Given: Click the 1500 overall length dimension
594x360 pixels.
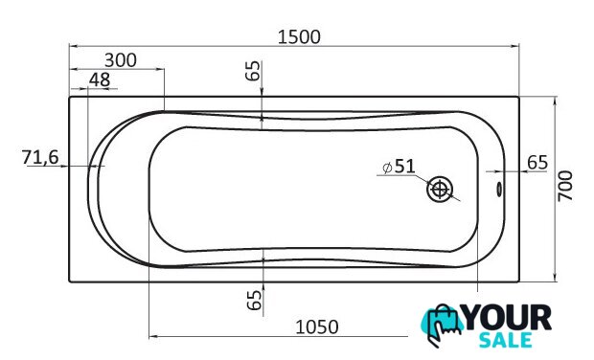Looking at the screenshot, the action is tap(299, 37).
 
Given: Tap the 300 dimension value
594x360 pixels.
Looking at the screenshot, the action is tap(121, 60).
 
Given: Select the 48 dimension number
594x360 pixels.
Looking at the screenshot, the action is tap(100, 79).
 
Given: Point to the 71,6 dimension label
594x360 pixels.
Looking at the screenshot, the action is tap(40, 157).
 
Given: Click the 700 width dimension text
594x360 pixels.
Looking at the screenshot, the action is tap(565, 186).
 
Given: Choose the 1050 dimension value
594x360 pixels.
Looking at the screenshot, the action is tap(317, 327).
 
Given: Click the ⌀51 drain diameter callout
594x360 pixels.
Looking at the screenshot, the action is tap(399, 167).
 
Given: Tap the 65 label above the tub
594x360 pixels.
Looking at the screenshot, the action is tap(253, 71).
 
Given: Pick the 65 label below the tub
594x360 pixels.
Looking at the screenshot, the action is tap(254, 300).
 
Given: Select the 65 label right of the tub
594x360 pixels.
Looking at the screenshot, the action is tap(537, 163).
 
